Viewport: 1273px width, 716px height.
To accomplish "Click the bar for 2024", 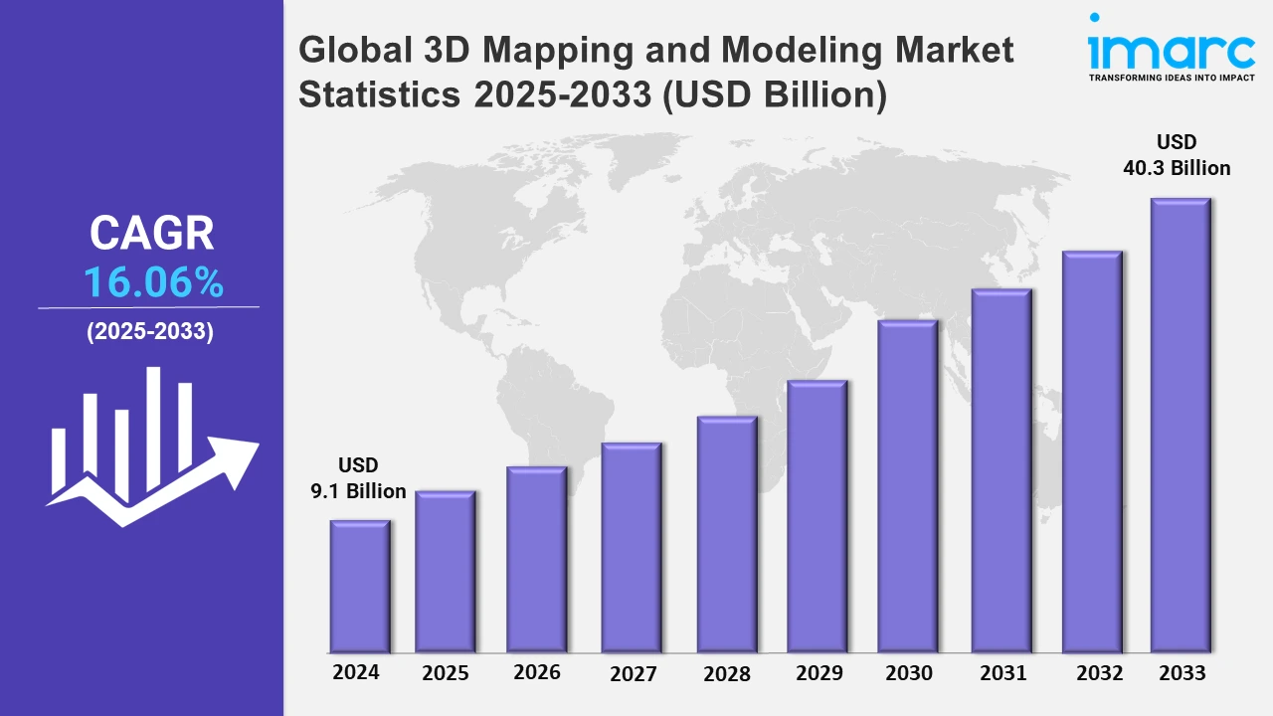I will coord(360,586).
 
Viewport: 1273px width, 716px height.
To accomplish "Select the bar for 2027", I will coord(632,547).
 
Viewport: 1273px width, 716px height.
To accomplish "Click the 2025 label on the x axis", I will coord(446,673).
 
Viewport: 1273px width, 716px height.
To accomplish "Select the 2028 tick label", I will coord(727,674).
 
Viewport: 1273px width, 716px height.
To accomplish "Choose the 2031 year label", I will coord(1002,673).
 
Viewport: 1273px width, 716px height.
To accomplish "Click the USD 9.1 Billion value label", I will coord(358,478).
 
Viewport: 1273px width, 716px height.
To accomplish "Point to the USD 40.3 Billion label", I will coord(1177,155).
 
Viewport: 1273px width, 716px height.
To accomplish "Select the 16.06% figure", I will coord(153,283).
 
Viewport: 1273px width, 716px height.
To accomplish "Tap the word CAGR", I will coord(151,234).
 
